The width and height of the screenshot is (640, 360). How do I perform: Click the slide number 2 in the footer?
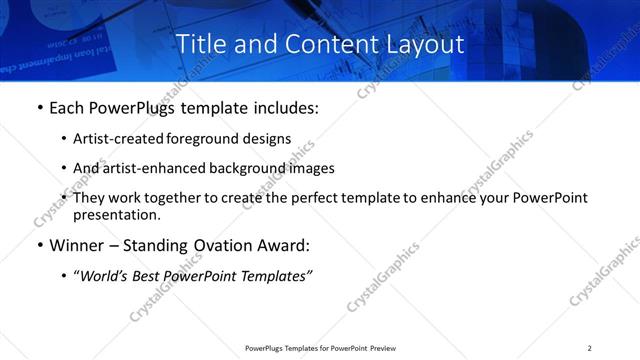pyautogui.click(x=589, y=348)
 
